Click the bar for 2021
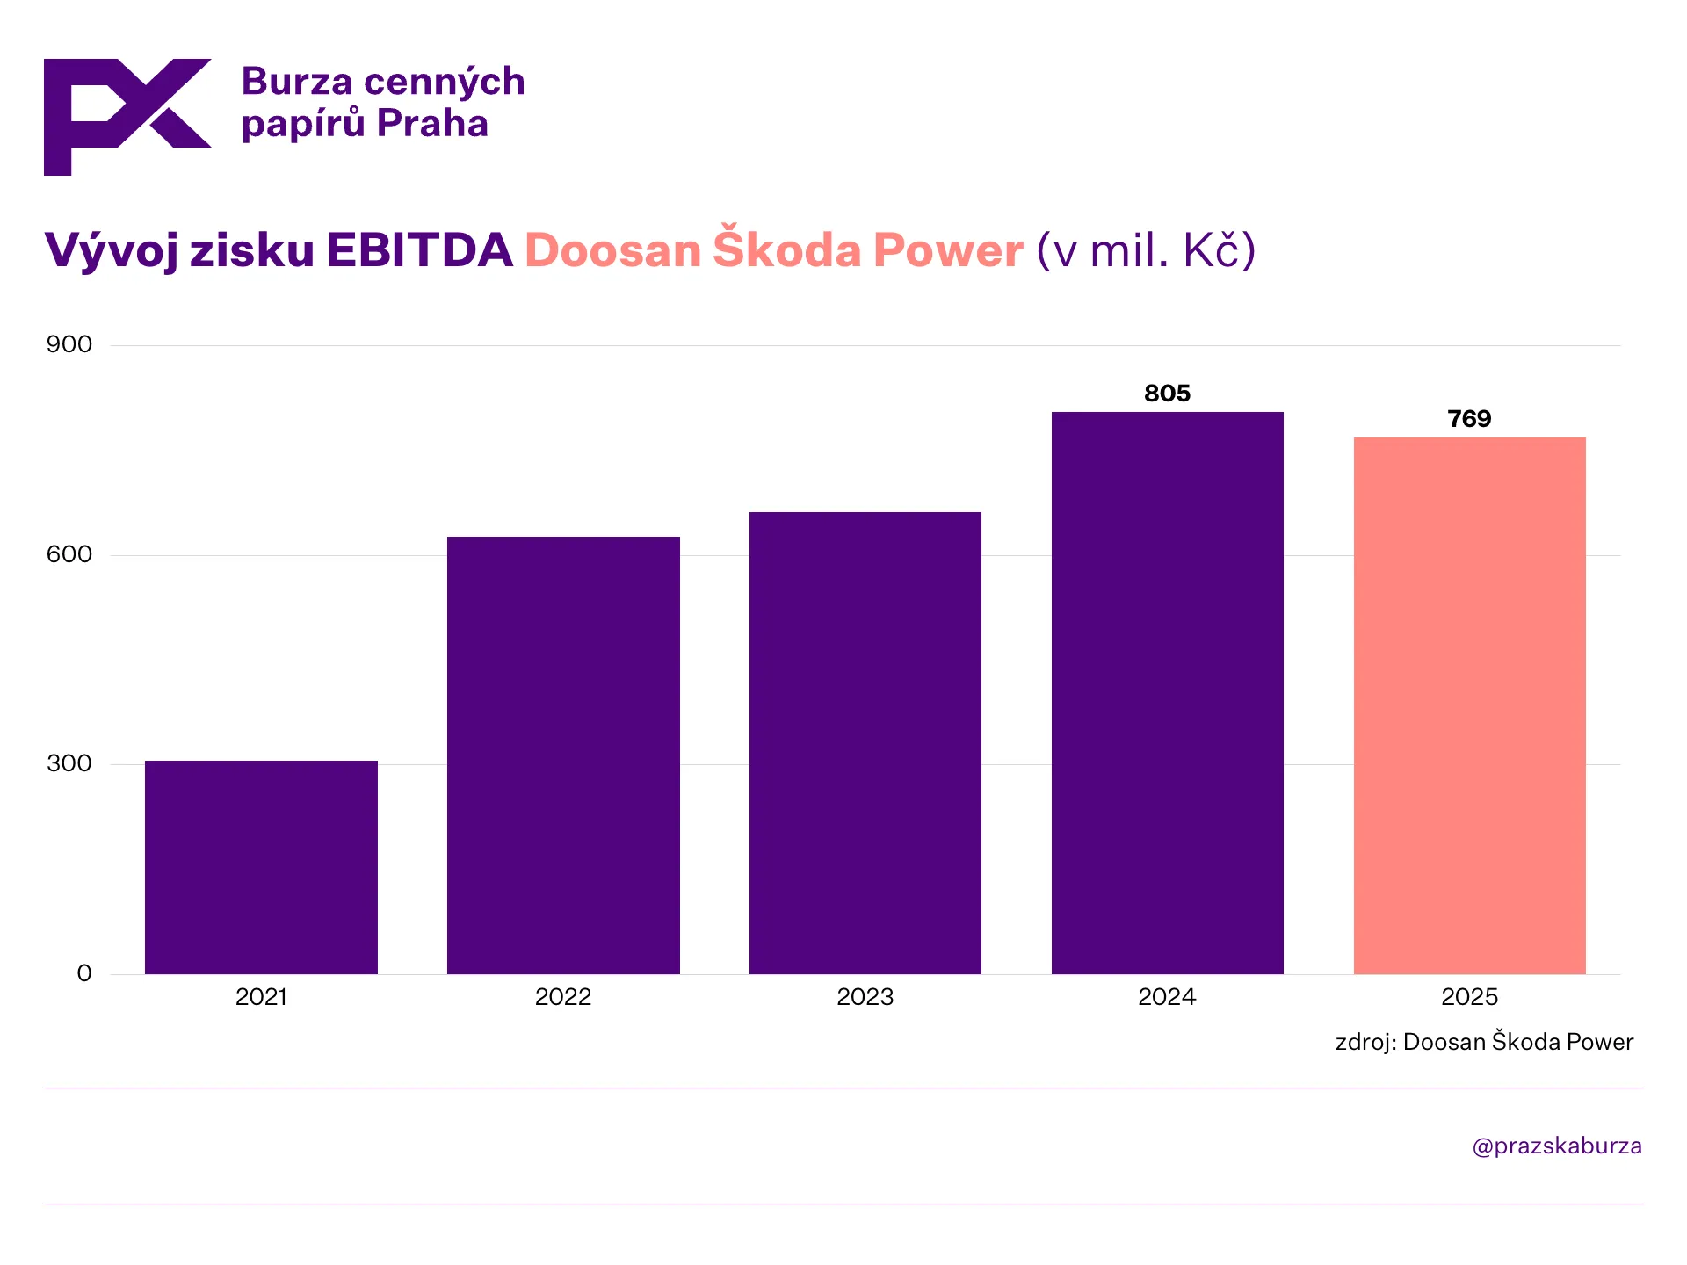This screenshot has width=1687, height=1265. point(261,867)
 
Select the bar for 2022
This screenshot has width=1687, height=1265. point(563,755)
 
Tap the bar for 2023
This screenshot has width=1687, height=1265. point(865,742)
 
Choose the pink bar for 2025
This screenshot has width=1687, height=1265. point(1469,705)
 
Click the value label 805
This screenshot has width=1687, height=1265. point(1167,394)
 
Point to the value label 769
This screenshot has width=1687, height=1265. point(1469,419)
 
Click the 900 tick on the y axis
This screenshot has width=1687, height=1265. point(69,344)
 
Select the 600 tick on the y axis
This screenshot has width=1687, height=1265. point(69,554)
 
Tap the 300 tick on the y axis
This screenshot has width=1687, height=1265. point(69,763)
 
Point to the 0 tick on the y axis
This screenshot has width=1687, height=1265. point(84,973)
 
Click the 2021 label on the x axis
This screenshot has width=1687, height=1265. point(261,997)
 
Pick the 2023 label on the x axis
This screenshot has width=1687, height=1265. point(865,997)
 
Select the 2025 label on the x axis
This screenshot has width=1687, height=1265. point(1469,997)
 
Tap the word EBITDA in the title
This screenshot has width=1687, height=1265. point(419,250)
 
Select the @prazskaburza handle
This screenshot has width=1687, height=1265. point(1556,1146)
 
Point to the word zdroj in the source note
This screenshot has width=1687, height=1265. point(1365,1043)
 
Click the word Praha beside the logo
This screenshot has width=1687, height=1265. point(432,124)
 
